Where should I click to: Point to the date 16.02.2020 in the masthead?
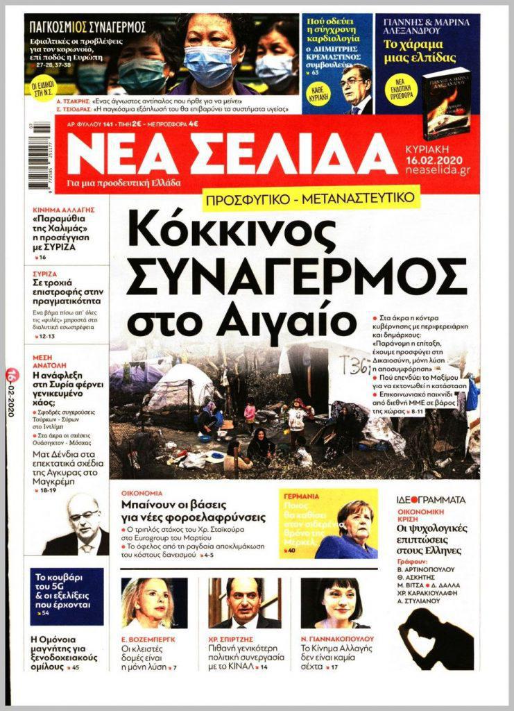438,158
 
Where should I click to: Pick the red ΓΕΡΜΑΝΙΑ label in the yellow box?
300,497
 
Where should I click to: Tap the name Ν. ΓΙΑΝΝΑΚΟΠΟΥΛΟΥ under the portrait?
337,638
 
